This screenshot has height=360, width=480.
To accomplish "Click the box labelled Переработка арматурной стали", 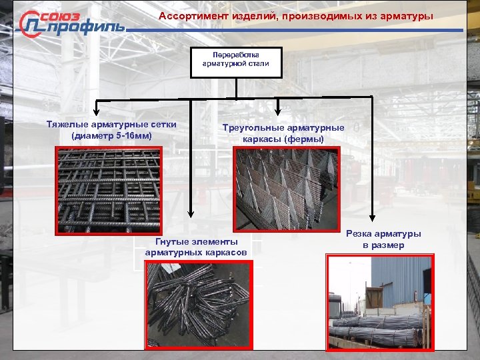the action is pos(236,63).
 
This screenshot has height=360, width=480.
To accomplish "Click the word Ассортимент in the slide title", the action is pos(188,15).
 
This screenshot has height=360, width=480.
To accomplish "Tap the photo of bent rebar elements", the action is pos(198,304).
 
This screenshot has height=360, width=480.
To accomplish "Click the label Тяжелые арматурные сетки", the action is pos(112,125).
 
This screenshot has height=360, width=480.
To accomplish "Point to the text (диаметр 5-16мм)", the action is pos(112,136).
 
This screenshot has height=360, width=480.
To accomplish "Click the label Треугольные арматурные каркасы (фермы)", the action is pos(284,133).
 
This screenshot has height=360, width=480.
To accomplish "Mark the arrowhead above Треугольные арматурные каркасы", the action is pos(279,109).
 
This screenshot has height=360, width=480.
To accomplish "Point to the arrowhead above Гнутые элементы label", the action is pos(192,213).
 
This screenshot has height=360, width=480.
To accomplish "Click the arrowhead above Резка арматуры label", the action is pos(373,215).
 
